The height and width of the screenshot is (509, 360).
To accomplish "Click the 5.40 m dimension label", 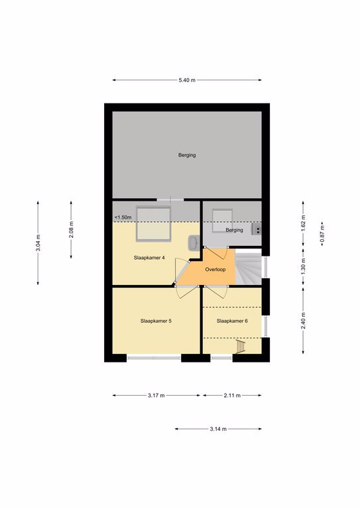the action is coord(187,80).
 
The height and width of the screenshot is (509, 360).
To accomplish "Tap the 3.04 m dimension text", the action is coord(38,243).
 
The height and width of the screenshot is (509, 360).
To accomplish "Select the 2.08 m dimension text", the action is coord(71,229).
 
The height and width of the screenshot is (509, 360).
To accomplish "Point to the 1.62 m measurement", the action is coord(303,223).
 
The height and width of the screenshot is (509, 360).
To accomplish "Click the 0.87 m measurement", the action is coord(322,235).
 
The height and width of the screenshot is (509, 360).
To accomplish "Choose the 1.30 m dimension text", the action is coord(303,267).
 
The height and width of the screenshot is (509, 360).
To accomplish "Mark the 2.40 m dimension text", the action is coord(303,320).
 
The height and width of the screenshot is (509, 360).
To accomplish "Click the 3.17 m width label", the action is coord(156,396).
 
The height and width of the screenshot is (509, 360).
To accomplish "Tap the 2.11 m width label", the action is coord(232,396).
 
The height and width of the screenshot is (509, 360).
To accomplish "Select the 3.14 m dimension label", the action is coord(218,429).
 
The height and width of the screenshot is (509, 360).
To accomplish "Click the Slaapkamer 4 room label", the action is coord(149,258).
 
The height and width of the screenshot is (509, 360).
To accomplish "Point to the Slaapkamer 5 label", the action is coord(156,321).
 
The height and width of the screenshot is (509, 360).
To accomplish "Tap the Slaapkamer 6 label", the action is coord(232,321).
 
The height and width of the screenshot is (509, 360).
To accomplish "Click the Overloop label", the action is coord(215,270).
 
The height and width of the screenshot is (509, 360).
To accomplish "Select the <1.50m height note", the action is coord(123,217).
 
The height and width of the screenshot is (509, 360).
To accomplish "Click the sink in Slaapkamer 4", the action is coord(194,243).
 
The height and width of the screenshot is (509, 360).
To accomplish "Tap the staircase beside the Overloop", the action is coord(249,269).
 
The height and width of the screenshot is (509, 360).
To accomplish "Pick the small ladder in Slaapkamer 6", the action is coord(241,347).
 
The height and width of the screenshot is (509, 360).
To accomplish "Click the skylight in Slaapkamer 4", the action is coord(154,224).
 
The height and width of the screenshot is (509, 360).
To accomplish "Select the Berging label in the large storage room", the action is coord(187,155).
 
